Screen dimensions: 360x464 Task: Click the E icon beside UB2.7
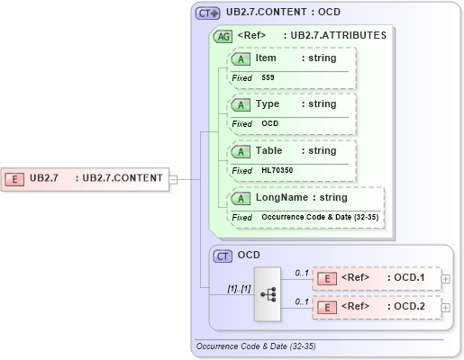15,178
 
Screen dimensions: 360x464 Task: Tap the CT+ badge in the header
208,13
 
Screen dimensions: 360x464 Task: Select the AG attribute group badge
222,36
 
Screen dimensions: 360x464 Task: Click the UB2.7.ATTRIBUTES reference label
334,36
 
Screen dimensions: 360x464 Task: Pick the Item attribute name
266,58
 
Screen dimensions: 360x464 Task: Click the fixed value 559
268,78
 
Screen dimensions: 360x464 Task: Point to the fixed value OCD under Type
269,123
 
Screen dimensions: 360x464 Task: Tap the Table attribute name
268,150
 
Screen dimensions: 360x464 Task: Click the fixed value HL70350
277,170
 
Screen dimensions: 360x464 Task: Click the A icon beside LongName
241,197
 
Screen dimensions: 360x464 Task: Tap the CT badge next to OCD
223,256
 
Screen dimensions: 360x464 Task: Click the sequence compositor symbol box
269,293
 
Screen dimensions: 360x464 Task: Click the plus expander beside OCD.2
446,308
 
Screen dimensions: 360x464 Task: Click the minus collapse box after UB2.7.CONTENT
173,178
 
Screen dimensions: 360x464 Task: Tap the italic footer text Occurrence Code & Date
255,346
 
